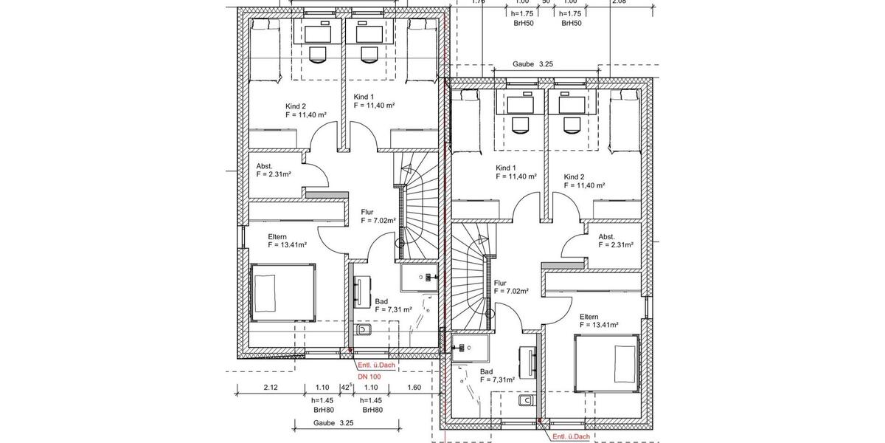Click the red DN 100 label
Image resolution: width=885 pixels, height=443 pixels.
(x=369, y=377)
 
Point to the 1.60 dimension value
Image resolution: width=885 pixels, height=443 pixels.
(x=413, y=388)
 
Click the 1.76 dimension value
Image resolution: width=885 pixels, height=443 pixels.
(x=478, y=2)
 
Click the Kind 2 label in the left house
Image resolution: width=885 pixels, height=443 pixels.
(x=296, y=106)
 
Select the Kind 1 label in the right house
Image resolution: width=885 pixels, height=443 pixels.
(x=507, y=168)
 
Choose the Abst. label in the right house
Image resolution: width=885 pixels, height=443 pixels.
(x=606, y=237)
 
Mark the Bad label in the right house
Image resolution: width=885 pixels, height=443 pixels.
(x=486, y=371)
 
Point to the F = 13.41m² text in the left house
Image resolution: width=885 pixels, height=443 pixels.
(x=288, y=244)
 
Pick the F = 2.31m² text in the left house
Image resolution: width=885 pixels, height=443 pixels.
(x=274, y=175)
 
